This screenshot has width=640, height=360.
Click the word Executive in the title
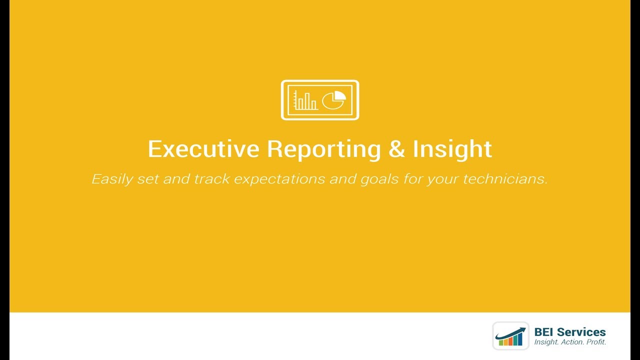click(203, 149)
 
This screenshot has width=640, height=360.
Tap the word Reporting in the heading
click(323, 149)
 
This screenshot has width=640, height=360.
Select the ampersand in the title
click(396, 149)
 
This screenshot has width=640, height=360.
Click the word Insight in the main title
click(452, 149)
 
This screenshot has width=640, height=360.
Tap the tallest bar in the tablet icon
click(307, 101)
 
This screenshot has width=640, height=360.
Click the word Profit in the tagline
click(596, 342)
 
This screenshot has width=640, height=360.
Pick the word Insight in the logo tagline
click(546, 342)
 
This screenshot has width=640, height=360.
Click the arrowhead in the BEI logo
click(523, 329)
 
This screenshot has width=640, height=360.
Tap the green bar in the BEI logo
click(501, 342)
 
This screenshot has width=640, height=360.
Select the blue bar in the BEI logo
click(520, 339)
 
